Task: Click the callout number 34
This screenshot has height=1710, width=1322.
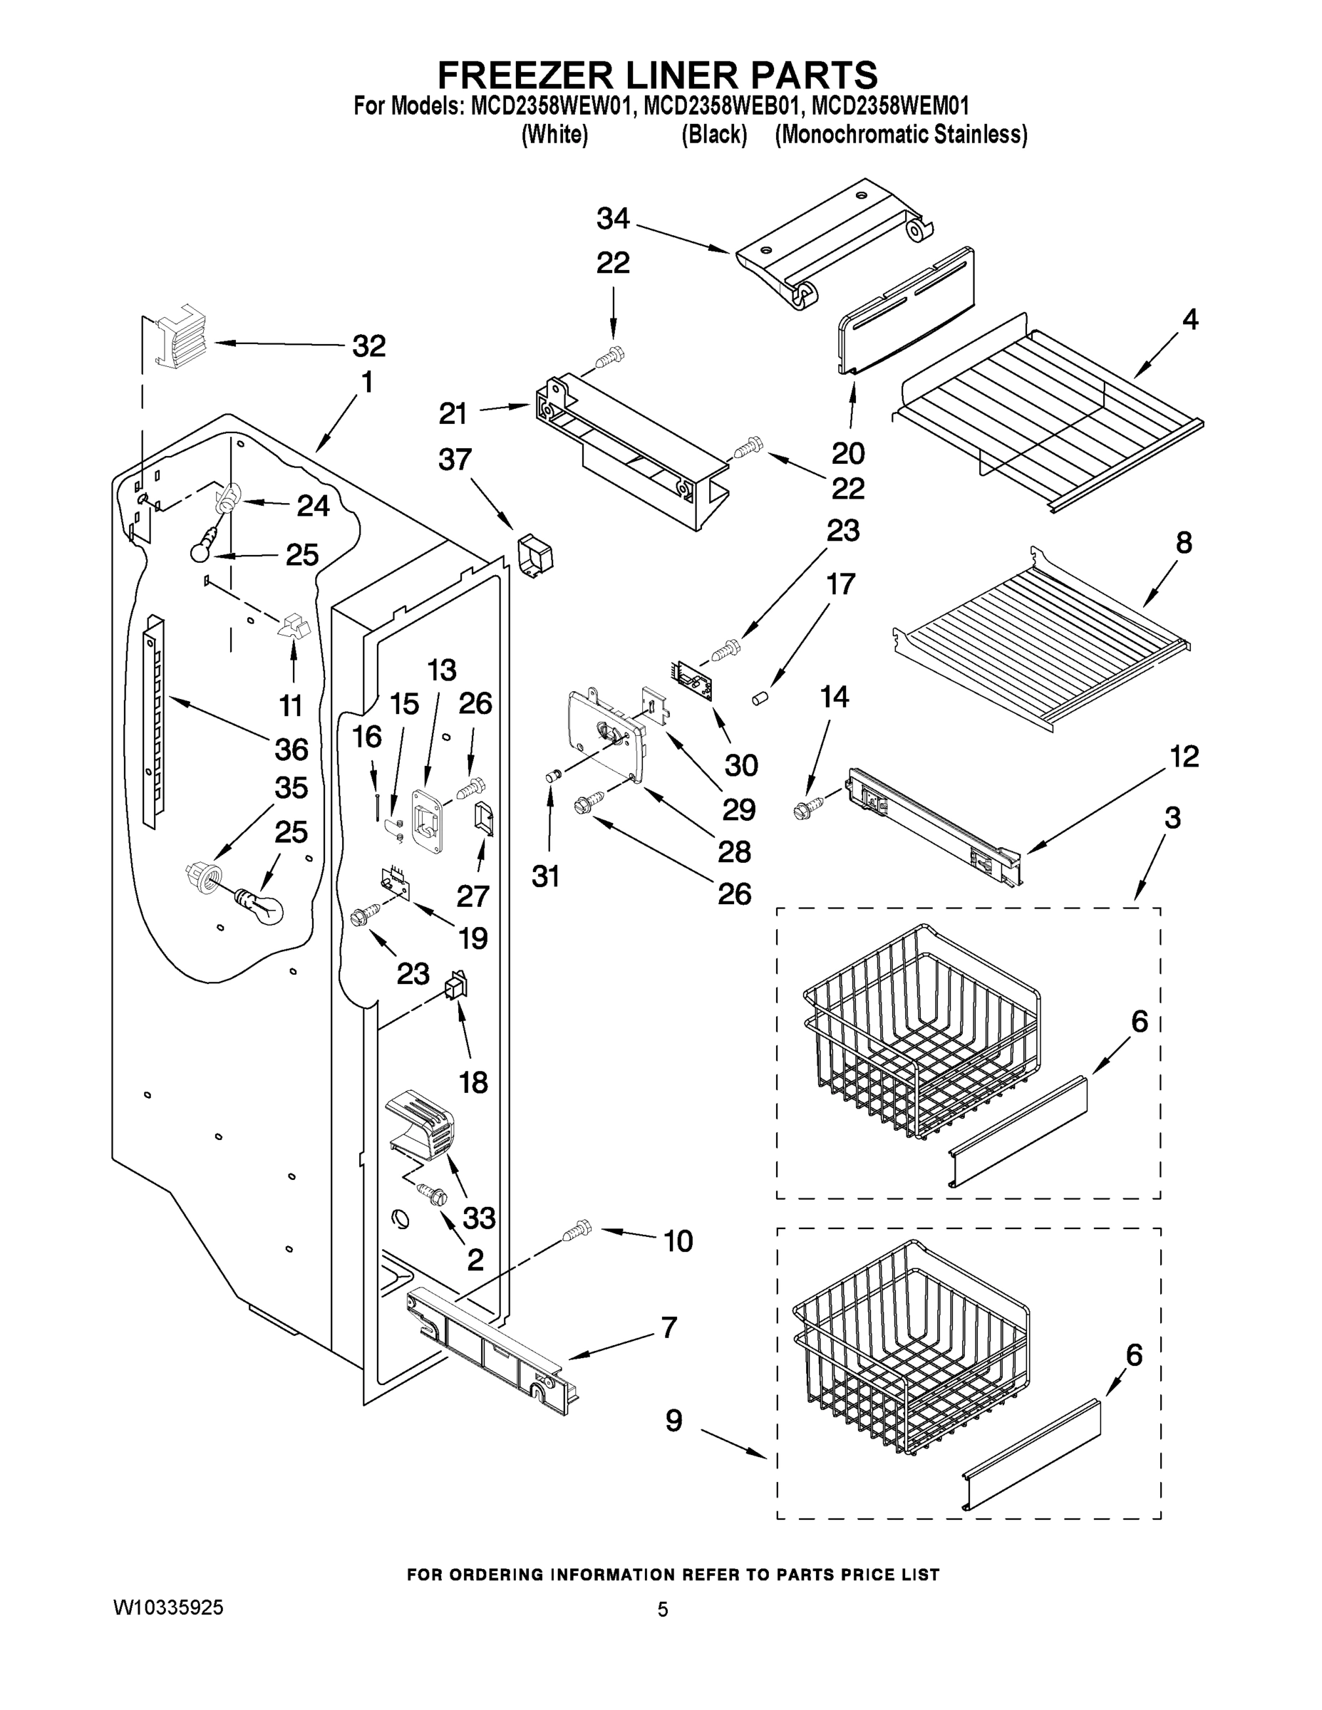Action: click(x=612, y=219)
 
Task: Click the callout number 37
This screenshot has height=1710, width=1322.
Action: click(x=455, y=460)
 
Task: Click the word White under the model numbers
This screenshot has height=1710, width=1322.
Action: click(x=554, y=135)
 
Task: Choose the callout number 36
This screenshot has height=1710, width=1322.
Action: click(x=291, y=750)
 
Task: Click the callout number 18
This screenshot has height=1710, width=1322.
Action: click(x=473, y=1083)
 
